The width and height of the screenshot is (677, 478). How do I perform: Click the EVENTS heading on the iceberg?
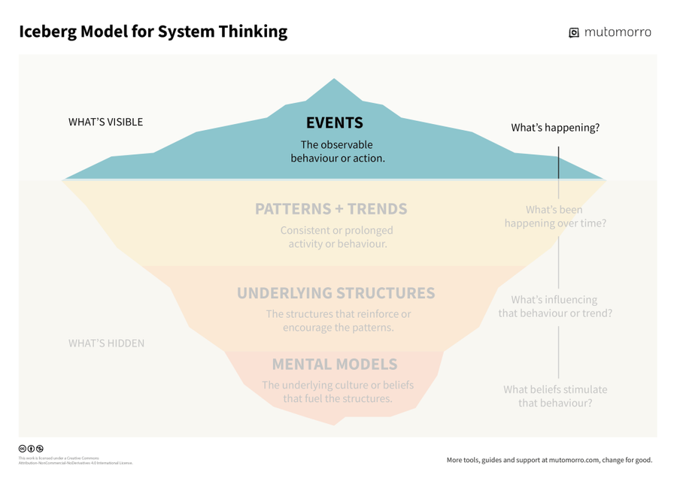click(334, 123)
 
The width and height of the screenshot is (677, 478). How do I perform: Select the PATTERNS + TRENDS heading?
click(331, 208)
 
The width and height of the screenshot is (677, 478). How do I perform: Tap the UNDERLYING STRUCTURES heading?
click(335, 292)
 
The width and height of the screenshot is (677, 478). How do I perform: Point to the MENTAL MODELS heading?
click(334, 365)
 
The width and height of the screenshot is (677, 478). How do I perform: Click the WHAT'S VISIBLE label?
click(105, 122)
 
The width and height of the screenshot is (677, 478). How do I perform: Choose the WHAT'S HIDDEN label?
click(106, 343)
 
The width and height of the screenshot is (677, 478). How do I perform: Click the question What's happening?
click(555, 128)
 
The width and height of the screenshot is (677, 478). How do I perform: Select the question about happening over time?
click(555, 216)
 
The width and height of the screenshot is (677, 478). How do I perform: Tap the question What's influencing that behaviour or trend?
click(555, 306)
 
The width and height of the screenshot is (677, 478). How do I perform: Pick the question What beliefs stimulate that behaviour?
click(555, 396)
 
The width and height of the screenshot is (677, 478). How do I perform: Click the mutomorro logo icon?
click(574, 32)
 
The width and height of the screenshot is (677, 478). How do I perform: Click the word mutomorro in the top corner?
click(618, 32)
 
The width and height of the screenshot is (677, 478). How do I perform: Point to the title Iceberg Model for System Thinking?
click(153, 32)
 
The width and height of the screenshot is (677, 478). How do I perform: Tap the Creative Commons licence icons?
click(31, 449)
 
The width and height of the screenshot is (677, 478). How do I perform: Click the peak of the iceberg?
click(334, 80)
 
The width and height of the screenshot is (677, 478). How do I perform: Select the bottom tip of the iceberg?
click(335, 423)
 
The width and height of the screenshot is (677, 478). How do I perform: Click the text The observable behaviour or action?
click(337, 151)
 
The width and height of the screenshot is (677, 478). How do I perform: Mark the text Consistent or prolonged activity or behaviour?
click(336, 237)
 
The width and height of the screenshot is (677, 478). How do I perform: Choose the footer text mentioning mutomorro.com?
click(549, 460)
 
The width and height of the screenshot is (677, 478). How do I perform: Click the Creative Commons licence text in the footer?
click(74, 461)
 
